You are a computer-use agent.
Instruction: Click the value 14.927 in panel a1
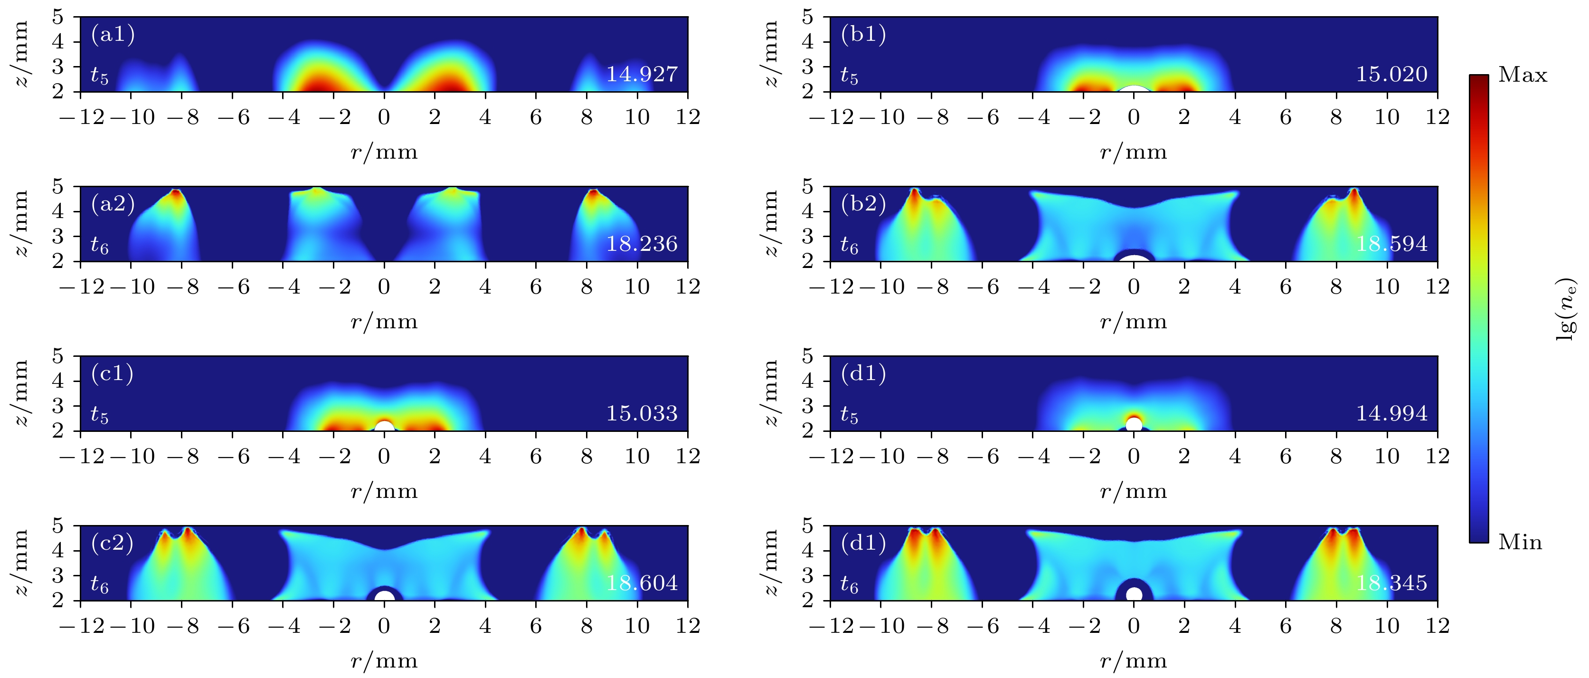tap(642, 74)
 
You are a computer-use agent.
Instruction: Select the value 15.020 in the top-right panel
tap(1391, 74)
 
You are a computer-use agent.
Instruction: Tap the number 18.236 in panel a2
tap(642, 244)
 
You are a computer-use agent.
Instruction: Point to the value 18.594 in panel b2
tap(1391, 244)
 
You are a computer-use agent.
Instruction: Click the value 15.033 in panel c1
tap(642, 413)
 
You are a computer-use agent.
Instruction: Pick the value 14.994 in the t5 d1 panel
tap(1391, 413)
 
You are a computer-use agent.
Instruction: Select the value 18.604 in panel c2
tap(642, 583)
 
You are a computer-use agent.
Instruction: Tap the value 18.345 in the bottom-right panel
tap(1391, 583)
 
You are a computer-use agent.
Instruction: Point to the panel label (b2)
tap(863, 203)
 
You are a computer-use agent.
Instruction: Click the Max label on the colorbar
tap(1523, 75)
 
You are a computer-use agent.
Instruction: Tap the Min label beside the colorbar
tap(1520, 542)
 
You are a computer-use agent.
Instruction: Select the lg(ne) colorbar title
tap(1566, 308)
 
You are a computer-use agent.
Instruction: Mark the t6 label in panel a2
tap(99, 246)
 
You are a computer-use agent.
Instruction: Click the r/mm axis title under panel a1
tap(384, 152)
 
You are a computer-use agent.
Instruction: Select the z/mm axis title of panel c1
tap(21, 393)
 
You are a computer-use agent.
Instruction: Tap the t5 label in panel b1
tap(850, 76)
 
